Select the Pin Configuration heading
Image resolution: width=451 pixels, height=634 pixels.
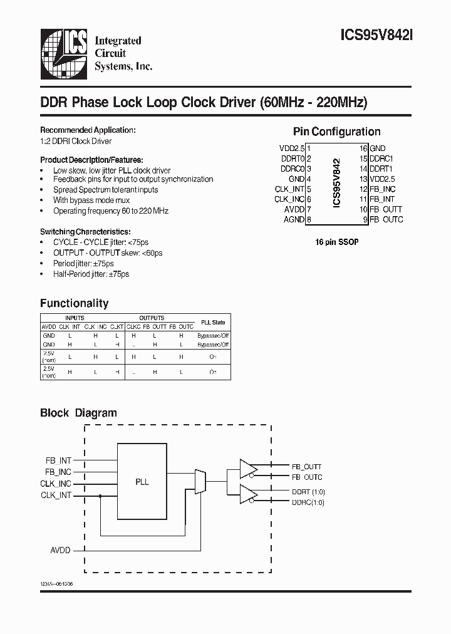click(336, 132)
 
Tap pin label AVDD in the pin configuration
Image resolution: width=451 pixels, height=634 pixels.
click(294, 209)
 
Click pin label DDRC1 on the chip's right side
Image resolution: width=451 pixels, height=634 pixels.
click(381, 158)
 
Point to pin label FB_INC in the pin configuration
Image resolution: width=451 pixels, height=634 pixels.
click(383, 189)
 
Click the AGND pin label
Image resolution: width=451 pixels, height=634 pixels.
click(294, 219)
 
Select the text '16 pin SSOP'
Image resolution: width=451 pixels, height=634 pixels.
click(337, 242)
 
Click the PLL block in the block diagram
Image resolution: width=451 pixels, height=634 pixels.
click(142, 482)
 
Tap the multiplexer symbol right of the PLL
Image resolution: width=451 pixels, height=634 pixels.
click(200, 481)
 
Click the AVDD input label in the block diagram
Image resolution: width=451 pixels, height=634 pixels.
click(60, 550)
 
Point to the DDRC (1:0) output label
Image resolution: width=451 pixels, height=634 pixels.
click(308, 502)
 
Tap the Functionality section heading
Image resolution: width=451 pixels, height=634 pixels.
click(74, 303)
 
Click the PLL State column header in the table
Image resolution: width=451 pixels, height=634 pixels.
click(213, 322)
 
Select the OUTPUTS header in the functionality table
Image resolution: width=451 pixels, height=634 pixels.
click(152, 318)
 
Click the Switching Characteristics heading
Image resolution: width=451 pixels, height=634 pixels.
click(85, 231)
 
